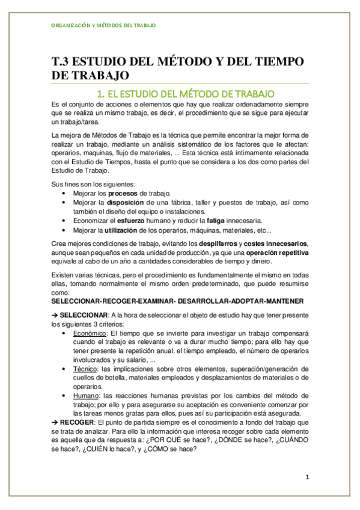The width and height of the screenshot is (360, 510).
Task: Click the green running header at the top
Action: coord(101,26)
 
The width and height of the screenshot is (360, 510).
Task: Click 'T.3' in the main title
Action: coord(63,63)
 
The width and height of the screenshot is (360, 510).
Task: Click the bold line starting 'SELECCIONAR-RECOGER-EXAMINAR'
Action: coord(177,300)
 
